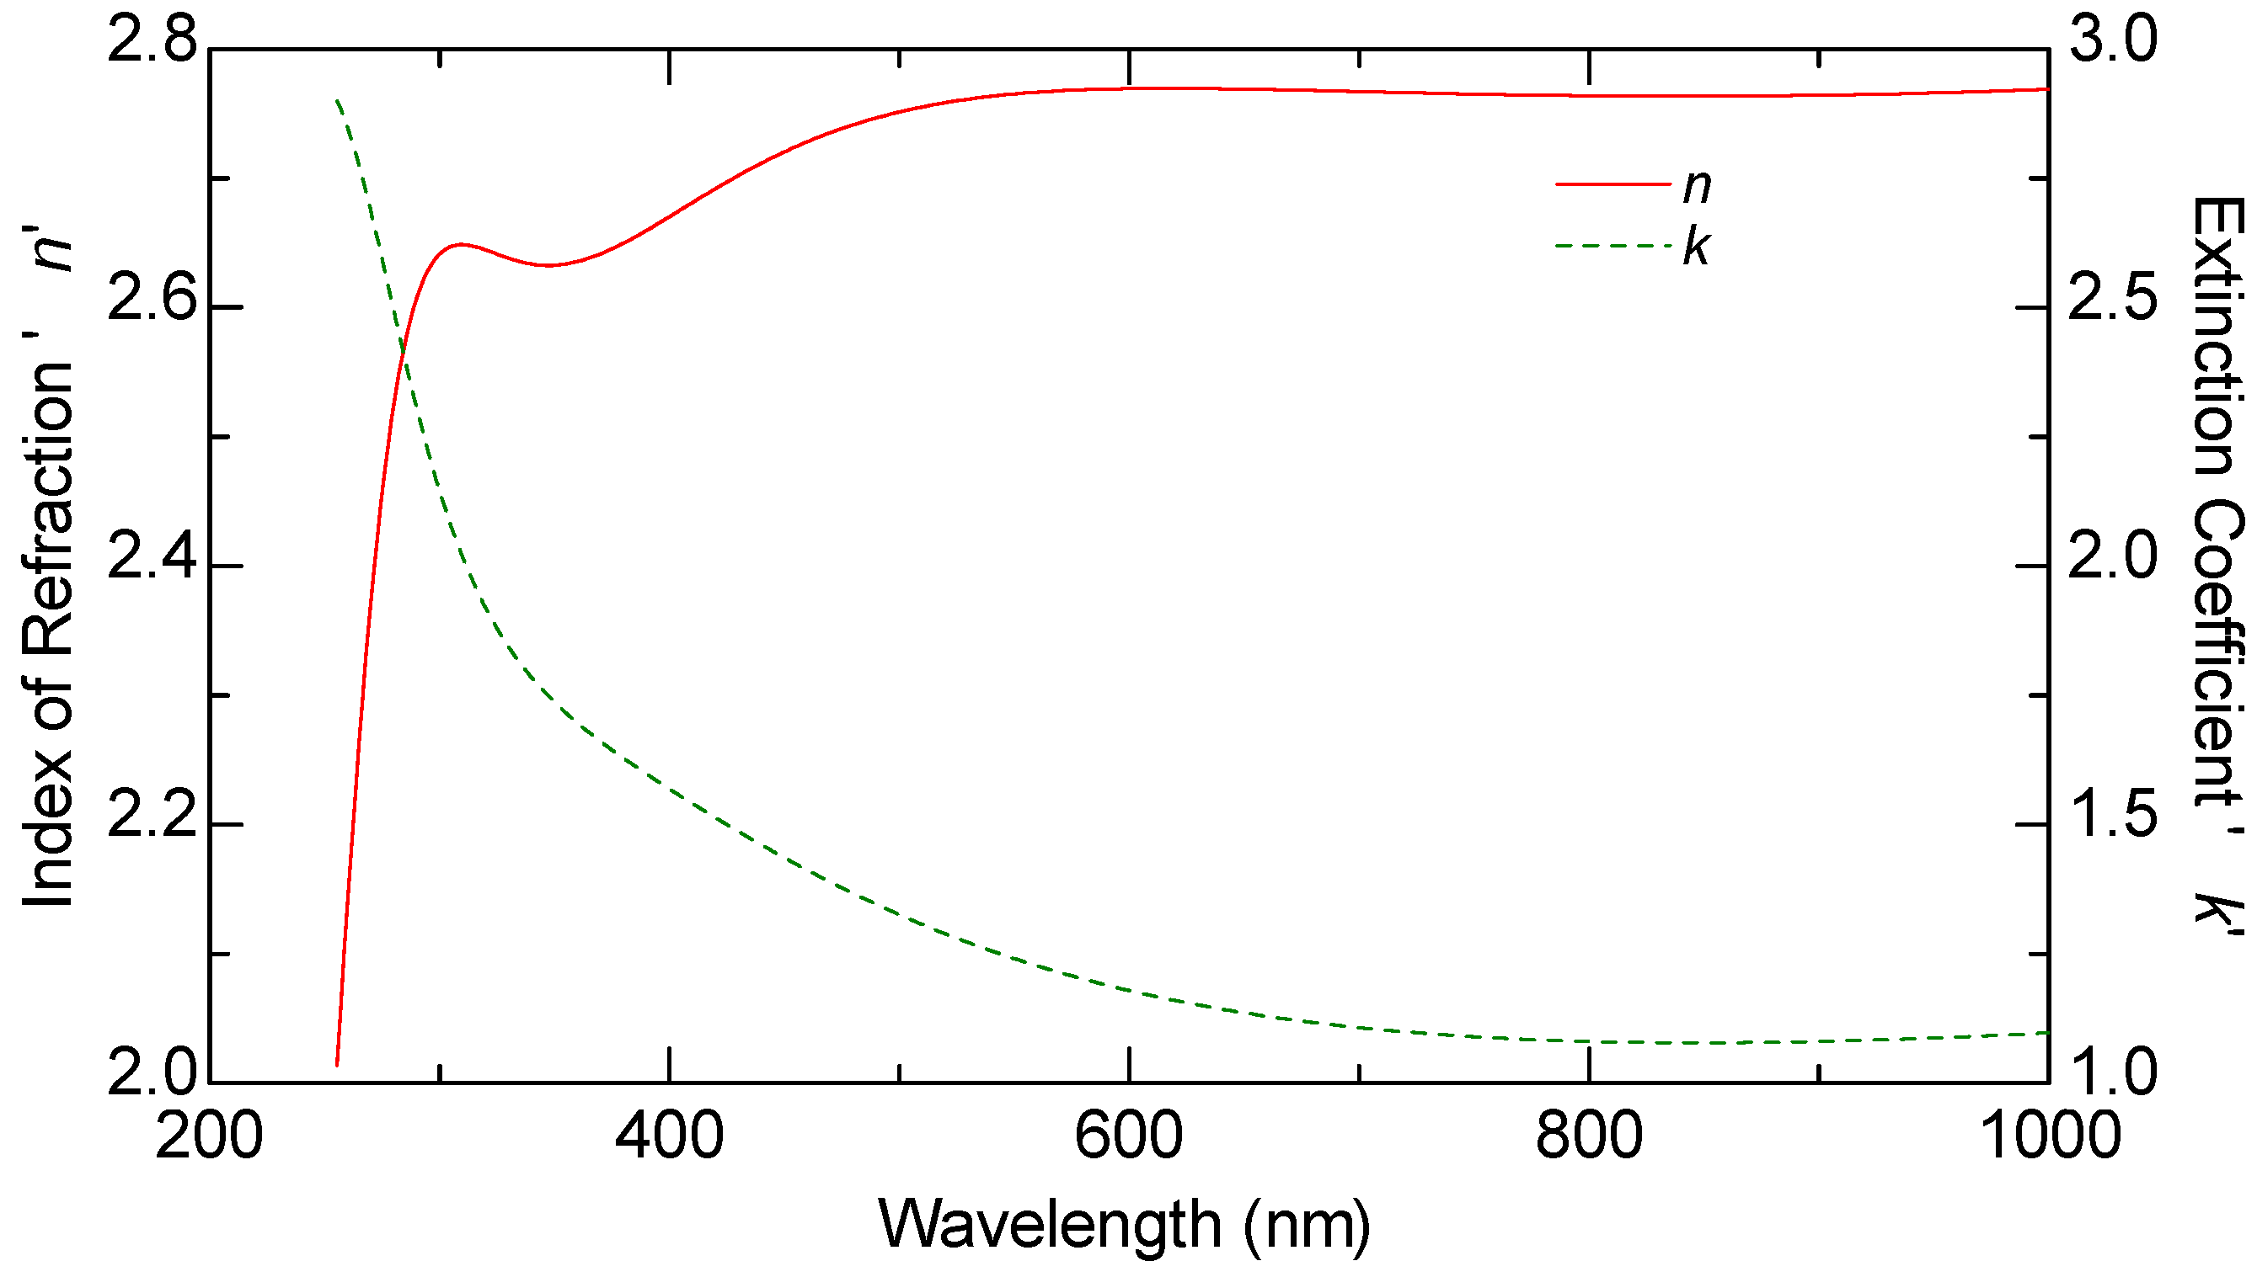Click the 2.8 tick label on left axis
152,42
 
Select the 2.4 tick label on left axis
152,559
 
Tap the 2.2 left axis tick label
152,817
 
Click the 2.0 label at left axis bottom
152,1075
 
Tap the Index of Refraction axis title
48,570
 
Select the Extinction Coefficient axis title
2217,561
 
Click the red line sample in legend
1613,184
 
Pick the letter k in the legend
1695,247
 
